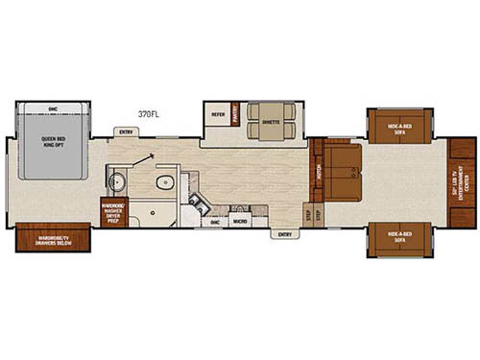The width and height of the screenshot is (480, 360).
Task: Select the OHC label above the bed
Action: point(52,108)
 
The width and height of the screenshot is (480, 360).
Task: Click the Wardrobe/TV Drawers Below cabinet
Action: point(46,237)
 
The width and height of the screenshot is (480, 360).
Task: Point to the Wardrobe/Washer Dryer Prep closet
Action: point(114,209)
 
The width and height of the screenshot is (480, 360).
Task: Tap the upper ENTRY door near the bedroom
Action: point(124,132)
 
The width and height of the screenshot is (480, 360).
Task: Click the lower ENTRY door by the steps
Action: point(283,233)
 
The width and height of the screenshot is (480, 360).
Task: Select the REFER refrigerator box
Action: point(217,114)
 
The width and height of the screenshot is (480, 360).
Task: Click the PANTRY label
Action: point(233,114)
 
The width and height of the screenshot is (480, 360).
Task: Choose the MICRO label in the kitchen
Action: point(241,221)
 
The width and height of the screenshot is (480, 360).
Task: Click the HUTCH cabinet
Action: point(316,173)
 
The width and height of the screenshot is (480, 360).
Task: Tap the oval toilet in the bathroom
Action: point(163,182)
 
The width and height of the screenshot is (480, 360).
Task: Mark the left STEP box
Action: point(308,215)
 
